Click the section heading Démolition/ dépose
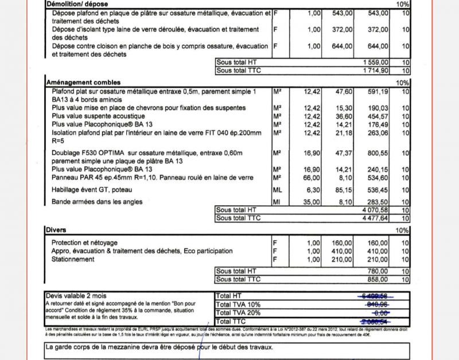[x=77, y=3]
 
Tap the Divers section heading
[x=56, y=230]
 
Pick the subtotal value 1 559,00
[x=376, y=62]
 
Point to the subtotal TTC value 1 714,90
[x=376, y=70]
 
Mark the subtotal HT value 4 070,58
[x=376, y=210]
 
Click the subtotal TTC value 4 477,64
[x=376, y=218]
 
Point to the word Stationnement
[x=73, y=259]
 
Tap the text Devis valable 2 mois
[x=75, y=296]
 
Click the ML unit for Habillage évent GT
[x=277, y=190]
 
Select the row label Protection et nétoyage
[x=84, y=242]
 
